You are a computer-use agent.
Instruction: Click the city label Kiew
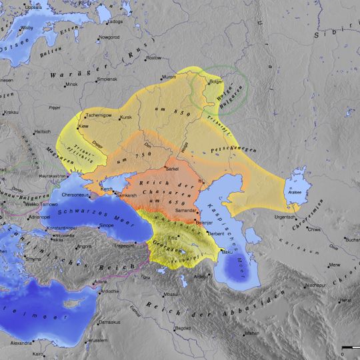pos(84,125)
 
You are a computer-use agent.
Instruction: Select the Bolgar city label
pos(216,81)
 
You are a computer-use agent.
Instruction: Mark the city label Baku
pos(227,253)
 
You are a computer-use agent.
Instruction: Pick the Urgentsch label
pos(284,217)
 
